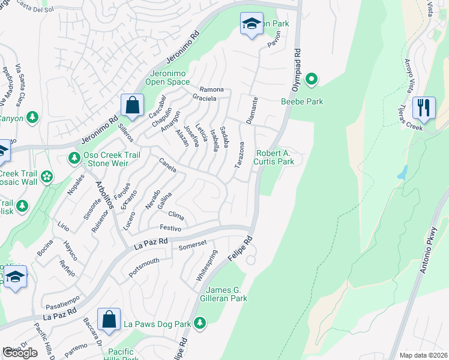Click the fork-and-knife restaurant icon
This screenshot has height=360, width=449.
click(424, 108)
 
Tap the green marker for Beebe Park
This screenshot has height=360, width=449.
click(312, 79)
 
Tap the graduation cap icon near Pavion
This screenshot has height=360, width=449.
click(252, 25)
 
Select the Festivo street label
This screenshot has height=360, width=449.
click(170, 227)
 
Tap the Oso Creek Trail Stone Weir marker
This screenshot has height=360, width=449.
click(74, 158)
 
